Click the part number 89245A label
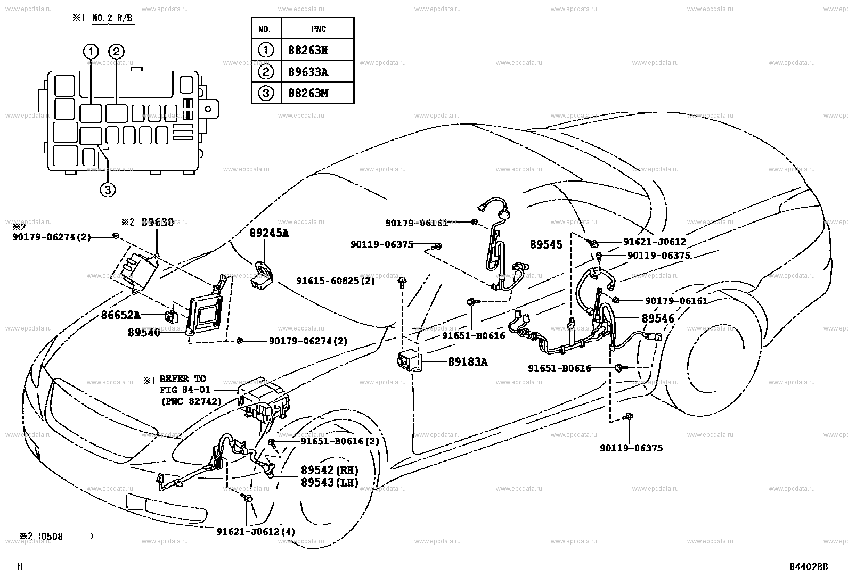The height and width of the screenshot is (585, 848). [269, 233]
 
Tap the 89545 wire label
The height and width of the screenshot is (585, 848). [545, 245]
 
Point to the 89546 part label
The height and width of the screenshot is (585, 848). [657, 318]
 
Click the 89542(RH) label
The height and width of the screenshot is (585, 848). [329, 470]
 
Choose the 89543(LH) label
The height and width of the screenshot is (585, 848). [329, 482]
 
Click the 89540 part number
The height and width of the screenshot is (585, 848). [143, 332]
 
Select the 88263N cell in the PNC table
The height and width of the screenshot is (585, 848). [308, 50]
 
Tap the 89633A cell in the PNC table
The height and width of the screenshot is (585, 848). [308, 72]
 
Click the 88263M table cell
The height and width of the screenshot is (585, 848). [308, 93]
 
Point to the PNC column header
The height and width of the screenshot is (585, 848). [318, 29]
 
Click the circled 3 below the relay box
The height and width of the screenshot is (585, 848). [107, 188]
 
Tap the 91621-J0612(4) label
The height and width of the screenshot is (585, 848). [256, 531]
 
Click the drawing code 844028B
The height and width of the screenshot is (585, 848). [809, 566]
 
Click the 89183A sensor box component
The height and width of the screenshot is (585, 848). [409, 362]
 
